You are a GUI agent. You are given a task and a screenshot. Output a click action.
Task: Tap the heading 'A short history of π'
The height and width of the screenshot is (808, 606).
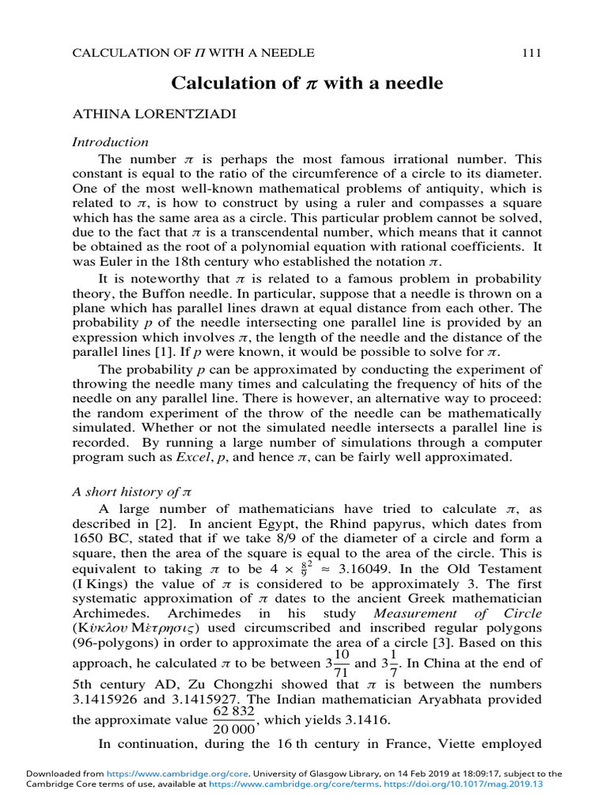pos(132,491)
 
